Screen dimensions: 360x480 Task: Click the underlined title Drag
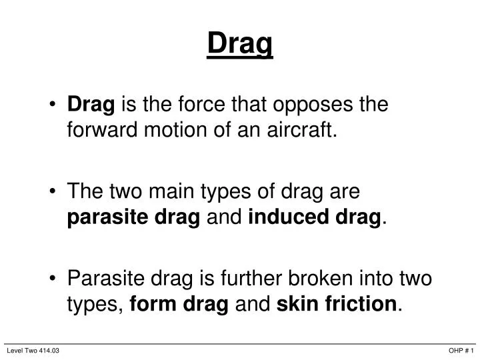click(x=240, y=44)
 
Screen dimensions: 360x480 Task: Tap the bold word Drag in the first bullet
click(x=92, y=105)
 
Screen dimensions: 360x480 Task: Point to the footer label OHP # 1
click(x=461, y=351)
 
